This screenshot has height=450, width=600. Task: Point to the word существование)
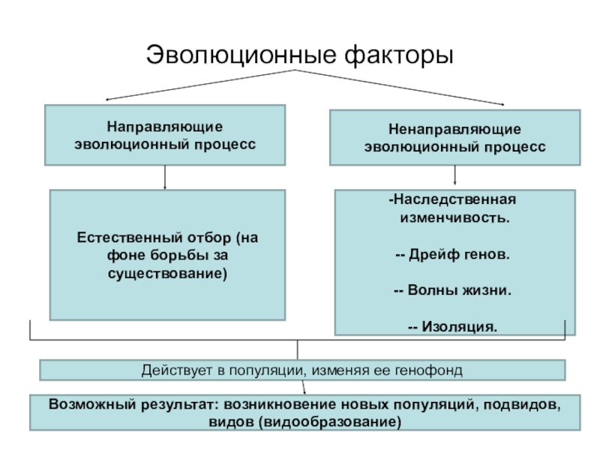pos(167,274)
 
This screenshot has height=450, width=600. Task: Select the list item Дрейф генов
pos(457,254)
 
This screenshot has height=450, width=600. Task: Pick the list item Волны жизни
pos(458,290)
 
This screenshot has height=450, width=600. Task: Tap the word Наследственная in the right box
pos(454,201)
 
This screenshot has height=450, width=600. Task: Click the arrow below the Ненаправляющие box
pos(455,178)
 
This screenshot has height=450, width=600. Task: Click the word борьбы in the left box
pos(172,256)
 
